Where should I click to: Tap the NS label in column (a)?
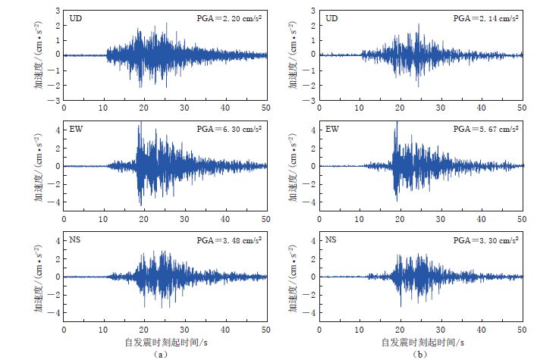point(76,239)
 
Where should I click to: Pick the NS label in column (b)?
point(331,239)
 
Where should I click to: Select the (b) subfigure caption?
point(419,354)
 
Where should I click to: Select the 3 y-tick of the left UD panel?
point(58,10)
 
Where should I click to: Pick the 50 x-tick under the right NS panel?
point(523,330)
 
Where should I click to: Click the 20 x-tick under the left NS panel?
point(145,330)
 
